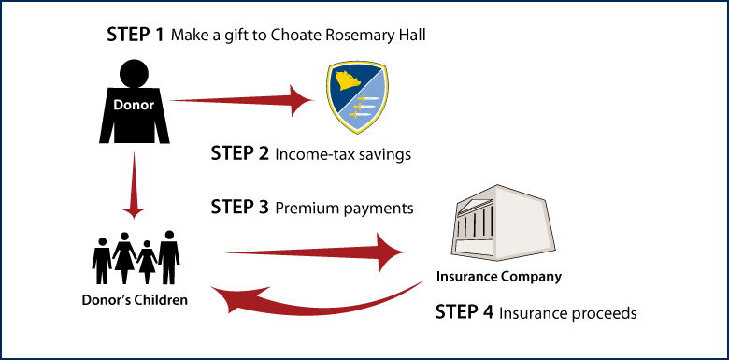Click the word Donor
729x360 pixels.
coord(134,106)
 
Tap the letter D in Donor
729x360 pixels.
coord(118,106)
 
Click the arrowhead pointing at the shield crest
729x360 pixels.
coord(302,100)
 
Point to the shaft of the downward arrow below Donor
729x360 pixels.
coord(135,178)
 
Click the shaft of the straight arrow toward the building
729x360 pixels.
coord(299,251)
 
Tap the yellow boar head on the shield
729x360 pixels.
coord(347,84)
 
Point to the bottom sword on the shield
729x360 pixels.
coord(359,118)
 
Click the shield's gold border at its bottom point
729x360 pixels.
coord(357,134)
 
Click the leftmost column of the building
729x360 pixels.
coord(461,228)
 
